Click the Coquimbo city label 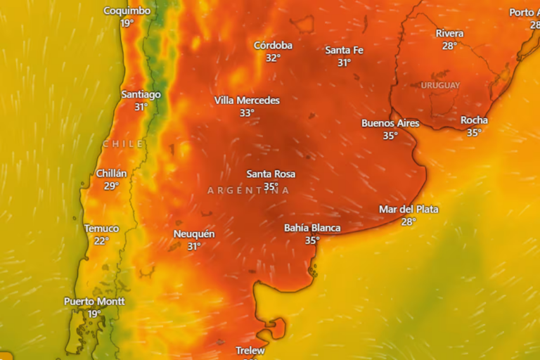(x=127, y=11)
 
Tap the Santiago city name (x=141, y=94)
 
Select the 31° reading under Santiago (x=141, y=107)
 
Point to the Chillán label (x=111, y=174)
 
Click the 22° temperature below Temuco (x=102, y=241)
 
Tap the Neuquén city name (x=194, y=234)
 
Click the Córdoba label (x=273, y=46)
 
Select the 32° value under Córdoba (x=273, y=58)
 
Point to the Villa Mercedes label (x=247, y=101)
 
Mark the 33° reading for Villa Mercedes (x=247, y=113)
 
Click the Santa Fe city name (x=344, y=50)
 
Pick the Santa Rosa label (x=271, y=174)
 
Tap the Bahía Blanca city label (x=312, y=228)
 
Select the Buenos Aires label (x=390, y=123)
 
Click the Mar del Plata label (x=409, y=210)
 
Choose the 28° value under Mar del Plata (x=409, y=221)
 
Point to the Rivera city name (x=449, y=34)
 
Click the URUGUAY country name (x=440, y=85)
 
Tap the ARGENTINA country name (x=248, y=191)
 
